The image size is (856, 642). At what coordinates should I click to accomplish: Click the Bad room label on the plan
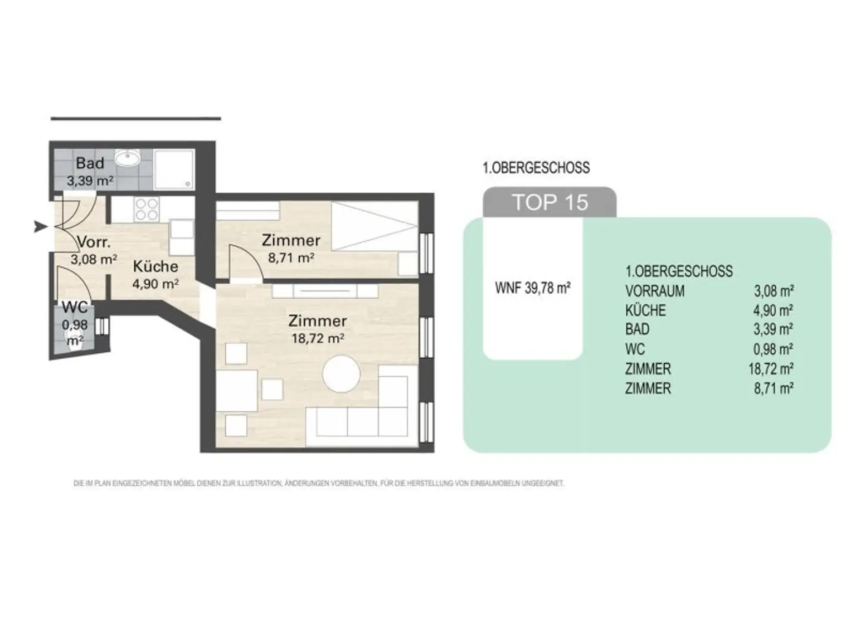coord(90,163)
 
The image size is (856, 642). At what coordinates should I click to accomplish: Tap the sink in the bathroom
coord(128,159)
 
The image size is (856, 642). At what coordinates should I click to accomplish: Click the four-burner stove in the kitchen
coord(147,210)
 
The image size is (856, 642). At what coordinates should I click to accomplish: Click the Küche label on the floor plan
coord(155,266)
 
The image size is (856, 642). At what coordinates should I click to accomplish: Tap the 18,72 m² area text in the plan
coord(318,338)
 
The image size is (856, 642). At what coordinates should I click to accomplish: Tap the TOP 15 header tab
coord(549,202)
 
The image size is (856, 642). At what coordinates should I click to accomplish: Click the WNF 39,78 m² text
coord(533,288)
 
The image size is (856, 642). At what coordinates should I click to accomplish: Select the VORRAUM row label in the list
coord(655,291)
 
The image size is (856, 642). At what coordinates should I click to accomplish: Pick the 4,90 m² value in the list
coord(774,310)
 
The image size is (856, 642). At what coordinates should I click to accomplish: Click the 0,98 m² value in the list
coord(774,349)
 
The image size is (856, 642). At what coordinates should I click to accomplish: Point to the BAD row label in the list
coord(638,329)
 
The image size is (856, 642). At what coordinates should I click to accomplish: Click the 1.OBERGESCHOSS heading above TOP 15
coord(536,168)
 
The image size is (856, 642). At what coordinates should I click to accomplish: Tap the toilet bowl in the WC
coord(75,341)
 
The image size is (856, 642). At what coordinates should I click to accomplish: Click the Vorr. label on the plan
coord(94,242)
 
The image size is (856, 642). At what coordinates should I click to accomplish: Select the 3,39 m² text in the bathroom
coord(90,181)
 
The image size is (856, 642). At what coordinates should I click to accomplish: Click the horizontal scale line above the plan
coord(136,118)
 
